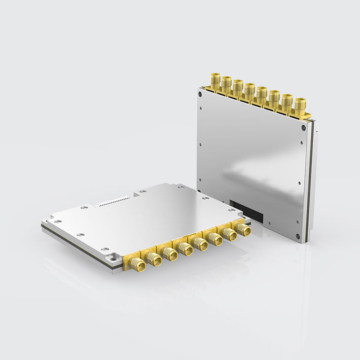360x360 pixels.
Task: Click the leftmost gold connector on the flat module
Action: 138,265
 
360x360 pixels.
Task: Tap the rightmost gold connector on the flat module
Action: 242,229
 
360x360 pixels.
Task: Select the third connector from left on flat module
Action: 170,254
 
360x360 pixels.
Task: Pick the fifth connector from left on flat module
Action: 201,244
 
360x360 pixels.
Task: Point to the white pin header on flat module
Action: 113,201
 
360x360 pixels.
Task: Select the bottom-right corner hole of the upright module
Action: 298,236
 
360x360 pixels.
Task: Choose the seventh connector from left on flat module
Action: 229,233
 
